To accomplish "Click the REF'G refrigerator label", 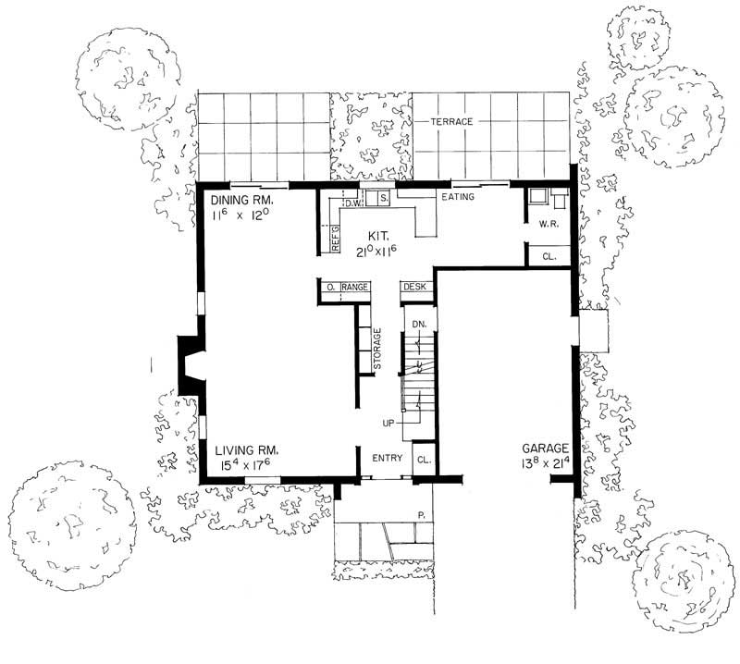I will click(x=337, y=237).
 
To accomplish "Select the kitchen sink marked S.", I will click(x=381, y=197).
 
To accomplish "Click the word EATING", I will click(x=458, y=197).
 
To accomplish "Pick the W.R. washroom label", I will click(x=547, y=225).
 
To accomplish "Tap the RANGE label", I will click(x=356, y=289).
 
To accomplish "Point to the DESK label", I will click(x=413, y=289).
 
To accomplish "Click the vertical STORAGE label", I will click(x=377, y=350).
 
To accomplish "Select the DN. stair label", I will click(x=418, y=324).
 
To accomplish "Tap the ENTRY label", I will click(x=386, y=459).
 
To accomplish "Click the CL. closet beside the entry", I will click(x=423, y=459).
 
